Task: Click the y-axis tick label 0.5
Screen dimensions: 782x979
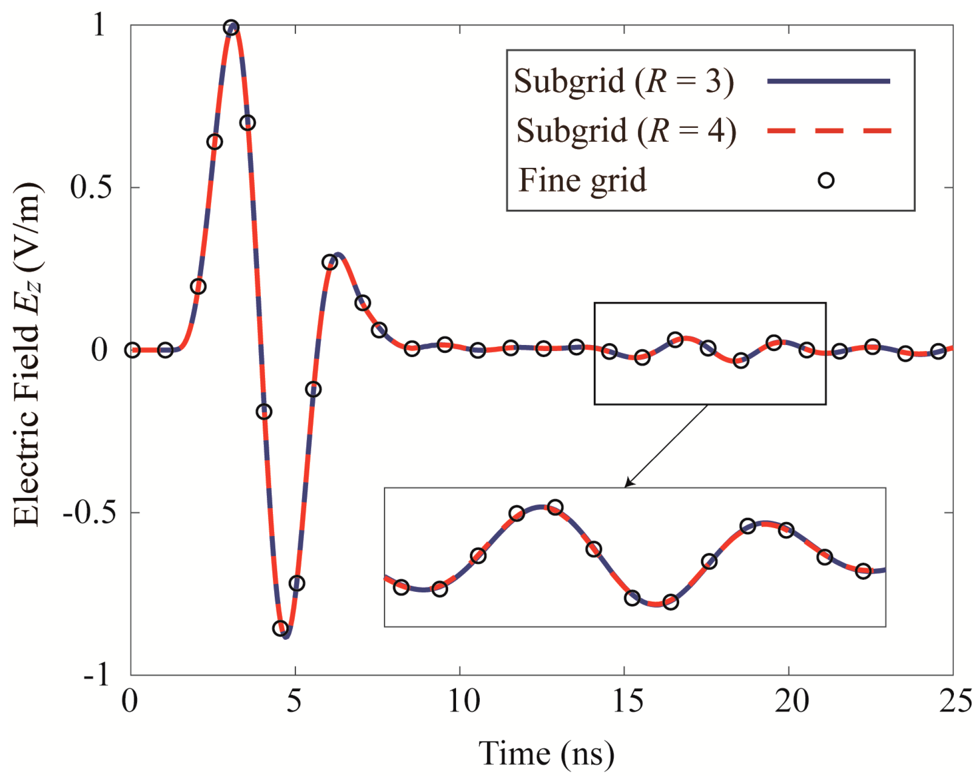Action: (91, 187)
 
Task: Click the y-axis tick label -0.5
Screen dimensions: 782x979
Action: (89, 513)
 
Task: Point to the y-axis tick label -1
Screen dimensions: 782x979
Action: (96, 674)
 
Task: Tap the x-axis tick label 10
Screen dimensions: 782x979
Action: (463, 701)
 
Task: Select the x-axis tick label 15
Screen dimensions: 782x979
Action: (628, 701)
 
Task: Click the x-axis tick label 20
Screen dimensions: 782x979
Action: (792, 701)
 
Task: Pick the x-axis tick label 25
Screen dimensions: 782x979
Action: (955, 701)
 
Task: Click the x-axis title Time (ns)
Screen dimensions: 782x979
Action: (546, 753)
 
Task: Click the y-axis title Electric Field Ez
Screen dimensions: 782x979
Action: (27, 353)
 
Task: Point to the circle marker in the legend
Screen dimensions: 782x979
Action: (826, 180)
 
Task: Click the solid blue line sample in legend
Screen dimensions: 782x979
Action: (828, 81)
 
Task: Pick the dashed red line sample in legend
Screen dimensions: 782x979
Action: (828, 131)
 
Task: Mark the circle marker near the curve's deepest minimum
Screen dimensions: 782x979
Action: (280, 629)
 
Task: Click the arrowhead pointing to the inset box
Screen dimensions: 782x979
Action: (628, 484)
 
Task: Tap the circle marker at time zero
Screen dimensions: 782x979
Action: (132, 350)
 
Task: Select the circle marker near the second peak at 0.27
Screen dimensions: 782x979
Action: (330, 262)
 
